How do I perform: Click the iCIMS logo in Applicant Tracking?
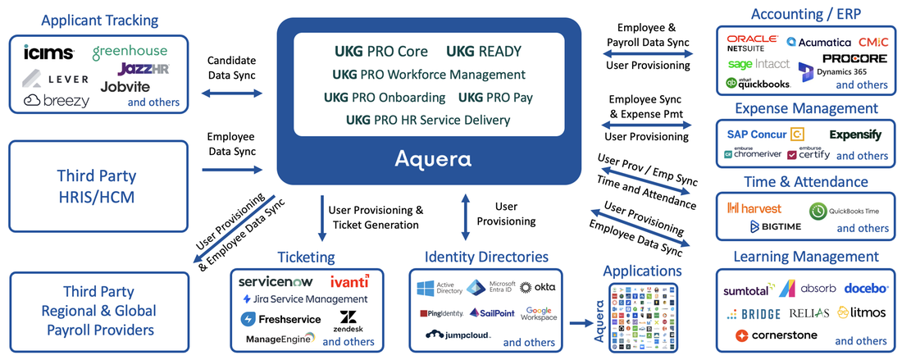[x=49, y=53]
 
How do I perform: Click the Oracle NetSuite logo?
[x=751, y=43]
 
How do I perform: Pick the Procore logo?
[x=854, y=59]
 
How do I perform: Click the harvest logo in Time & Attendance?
[x=758, y=208]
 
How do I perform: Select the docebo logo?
[x=866, y=288]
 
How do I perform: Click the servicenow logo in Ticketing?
[x=276, y=281]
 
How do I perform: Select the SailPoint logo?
[x=492, y=313]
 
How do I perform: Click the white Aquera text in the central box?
[x=434, y=157]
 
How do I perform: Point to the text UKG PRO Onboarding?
[x=385, y=98]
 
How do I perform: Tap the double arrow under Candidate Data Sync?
[x=232, y=94]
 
